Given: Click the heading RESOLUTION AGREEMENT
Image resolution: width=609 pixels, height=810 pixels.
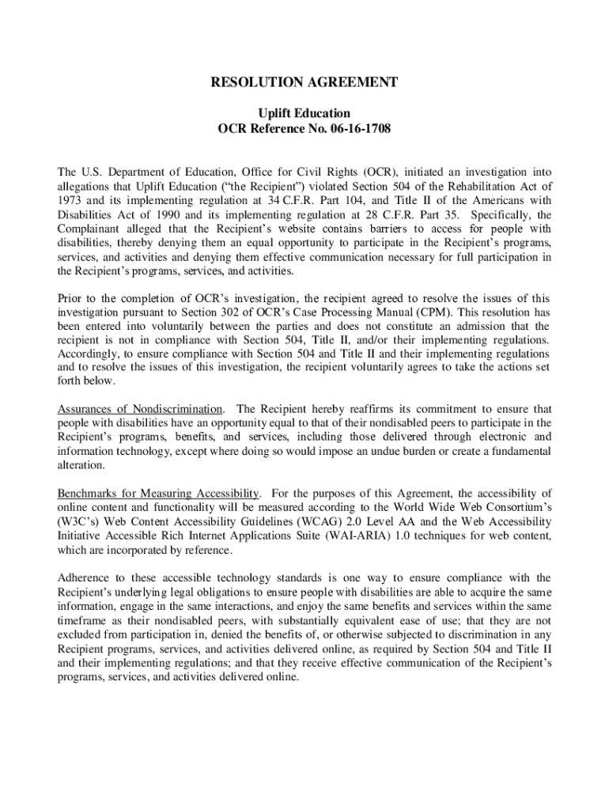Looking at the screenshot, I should click(304, 82).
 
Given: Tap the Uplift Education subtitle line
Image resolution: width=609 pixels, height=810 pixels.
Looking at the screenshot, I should click(304, 113).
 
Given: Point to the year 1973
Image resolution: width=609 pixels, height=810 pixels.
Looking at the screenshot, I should click(71, 200).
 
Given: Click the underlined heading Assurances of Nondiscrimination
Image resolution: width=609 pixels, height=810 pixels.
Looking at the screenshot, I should click(140, 409).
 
